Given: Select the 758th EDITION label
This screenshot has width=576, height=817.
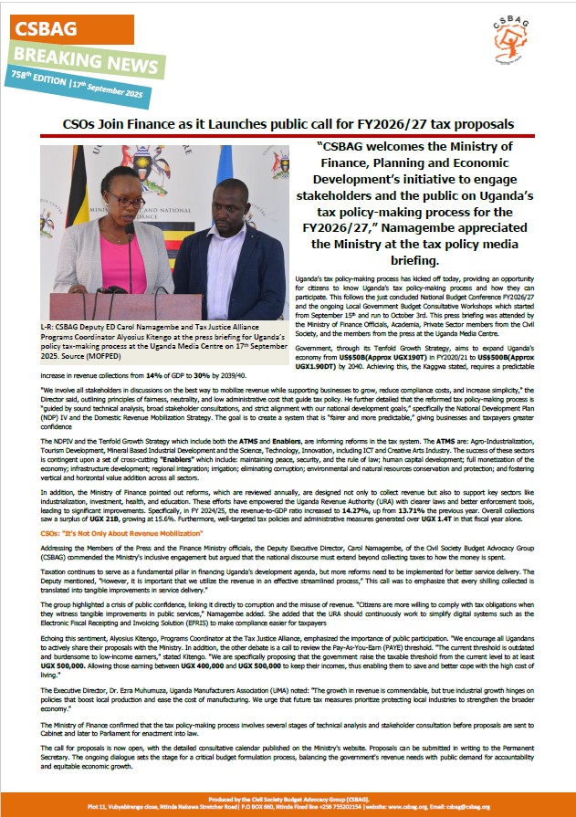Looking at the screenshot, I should point(39,79).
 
